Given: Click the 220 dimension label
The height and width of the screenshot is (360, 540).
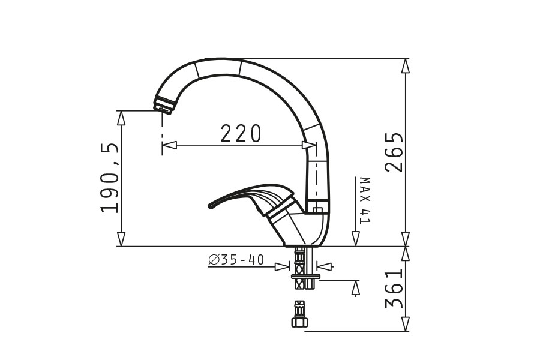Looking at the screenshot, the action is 241,134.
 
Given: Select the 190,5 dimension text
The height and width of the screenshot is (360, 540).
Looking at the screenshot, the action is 110,178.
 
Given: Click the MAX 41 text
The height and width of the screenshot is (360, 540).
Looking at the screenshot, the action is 364,200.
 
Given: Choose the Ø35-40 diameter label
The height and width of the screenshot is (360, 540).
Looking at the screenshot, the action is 236,260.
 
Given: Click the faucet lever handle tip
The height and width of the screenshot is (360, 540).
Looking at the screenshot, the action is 211,206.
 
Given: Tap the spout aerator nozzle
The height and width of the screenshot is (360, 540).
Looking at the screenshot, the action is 164,105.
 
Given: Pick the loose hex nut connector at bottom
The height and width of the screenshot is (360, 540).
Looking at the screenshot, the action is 299,314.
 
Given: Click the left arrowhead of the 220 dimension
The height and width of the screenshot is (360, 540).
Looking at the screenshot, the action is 169,145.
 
